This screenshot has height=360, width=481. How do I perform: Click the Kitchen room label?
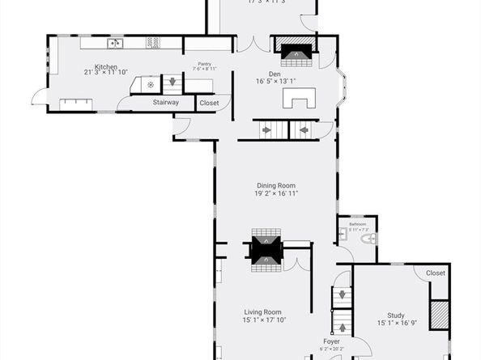[106, 66]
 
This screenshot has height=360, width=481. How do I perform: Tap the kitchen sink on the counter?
[115, 43]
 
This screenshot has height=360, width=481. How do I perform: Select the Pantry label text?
[203, 65]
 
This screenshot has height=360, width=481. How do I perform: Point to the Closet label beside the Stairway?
[208, 104]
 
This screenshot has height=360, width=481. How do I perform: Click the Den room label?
[275, 74]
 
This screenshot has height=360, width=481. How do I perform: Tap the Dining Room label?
[276, 185]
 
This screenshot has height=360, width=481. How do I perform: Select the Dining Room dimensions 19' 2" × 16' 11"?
[276, 193]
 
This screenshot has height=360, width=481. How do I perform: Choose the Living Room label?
[263, 311]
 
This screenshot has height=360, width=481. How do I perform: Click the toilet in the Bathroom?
[366, 239]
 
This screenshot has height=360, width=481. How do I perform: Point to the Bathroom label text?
[357, 224]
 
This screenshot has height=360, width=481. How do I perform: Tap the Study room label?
[395, 316]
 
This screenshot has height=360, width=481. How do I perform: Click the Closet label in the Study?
[435, 273]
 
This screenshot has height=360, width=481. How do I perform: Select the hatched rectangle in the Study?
[439, 315]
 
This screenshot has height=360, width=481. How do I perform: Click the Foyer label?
[331, 341]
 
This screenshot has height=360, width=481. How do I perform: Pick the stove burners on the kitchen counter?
[151, 43]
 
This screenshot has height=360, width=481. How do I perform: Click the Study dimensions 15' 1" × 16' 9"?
[395, 324]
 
